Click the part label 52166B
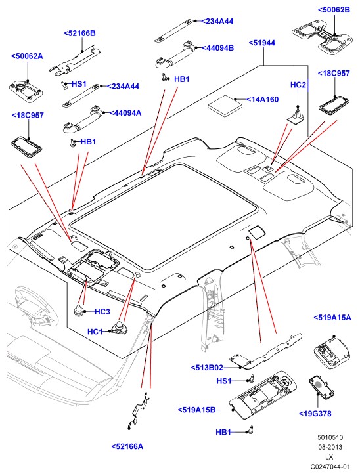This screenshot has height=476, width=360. point(79,33)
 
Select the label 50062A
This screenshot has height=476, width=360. point(27,56)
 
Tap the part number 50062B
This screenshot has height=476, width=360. point(334,10)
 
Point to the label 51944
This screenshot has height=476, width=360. point(262,43)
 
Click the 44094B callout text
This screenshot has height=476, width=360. point(218,48)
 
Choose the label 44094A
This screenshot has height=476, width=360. point(125,113)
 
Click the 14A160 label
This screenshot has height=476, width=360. point(263,100)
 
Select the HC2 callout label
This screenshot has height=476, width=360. point(298,85)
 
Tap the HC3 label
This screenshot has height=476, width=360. point(102,312)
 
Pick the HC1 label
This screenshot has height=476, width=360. point(95,332)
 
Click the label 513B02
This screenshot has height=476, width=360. point(207,368)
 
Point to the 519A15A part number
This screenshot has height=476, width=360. point(332,318)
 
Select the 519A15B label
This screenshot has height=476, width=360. point(196,410)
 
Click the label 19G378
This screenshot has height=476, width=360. point(315,414)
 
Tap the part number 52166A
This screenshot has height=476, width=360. point(127,446)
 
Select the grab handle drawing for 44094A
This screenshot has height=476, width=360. point(81,121)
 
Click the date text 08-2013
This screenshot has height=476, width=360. point(330,447)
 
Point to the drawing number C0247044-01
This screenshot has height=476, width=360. point(330,467)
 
